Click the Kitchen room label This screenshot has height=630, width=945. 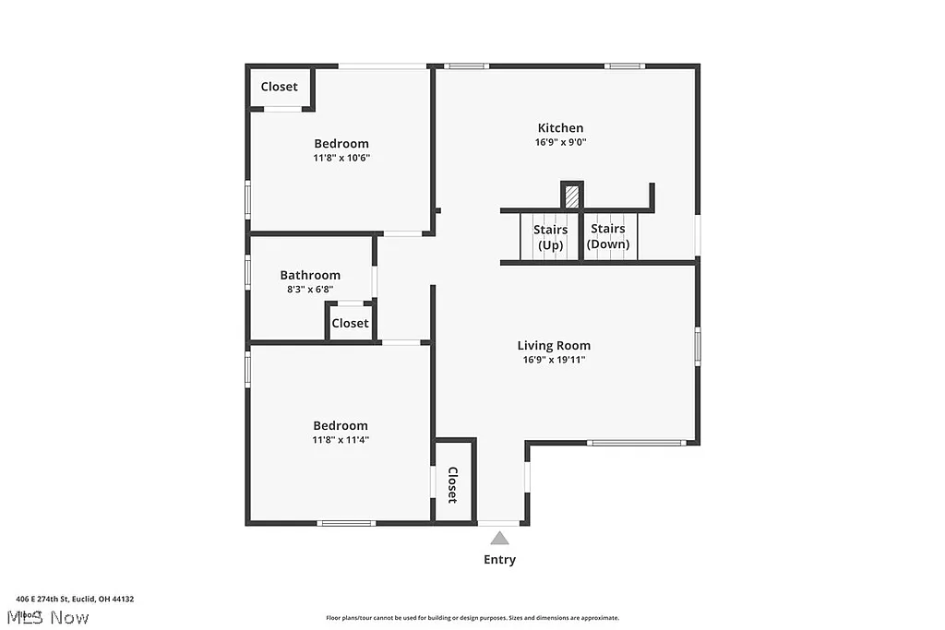pos(560,128)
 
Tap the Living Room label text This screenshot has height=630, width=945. pos(554,346)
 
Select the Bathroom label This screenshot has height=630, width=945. pos(310,275)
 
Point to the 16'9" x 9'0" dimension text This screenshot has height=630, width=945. pos(560,142)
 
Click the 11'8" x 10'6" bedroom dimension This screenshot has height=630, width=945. pos(341,158)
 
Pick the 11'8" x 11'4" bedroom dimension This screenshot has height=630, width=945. pos(341,440)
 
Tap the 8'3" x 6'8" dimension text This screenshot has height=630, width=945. pos(310,289)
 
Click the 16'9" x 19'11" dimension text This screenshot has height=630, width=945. pos(554,360)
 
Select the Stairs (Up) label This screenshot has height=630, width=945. pos(550,236)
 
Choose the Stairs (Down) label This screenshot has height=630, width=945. pos(608,236)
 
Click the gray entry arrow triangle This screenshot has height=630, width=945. pos(499,538)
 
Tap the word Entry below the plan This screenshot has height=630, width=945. pos(499,560)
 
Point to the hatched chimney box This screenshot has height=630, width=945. pos(572,196)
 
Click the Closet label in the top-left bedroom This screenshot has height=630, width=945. pos(279,87)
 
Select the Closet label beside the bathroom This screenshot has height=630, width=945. pos(350,323)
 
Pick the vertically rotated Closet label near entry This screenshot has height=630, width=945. pos(452,485)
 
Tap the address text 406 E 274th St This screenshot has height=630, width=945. pos(75,599)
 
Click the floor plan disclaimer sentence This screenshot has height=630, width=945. pos(472,618)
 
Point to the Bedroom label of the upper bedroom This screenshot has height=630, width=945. pos(341,144)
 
